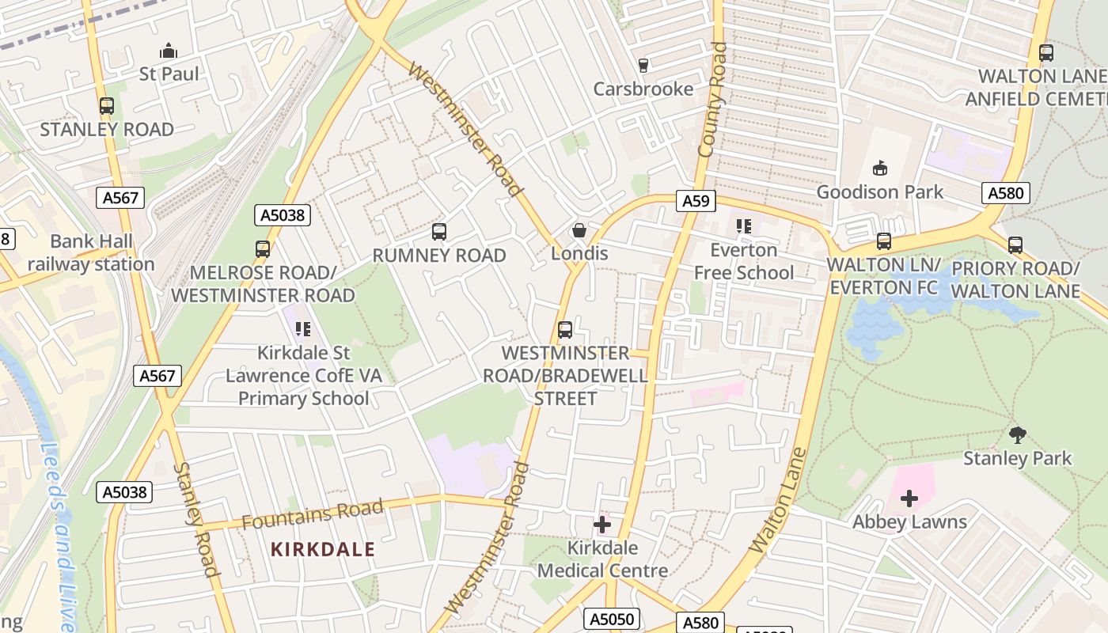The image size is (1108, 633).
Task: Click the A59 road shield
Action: (696, 201)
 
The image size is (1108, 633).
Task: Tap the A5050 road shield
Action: (611, 619)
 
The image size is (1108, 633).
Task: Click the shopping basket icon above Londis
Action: (579, 230)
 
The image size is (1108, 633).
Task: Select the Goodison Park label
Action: (879, 191)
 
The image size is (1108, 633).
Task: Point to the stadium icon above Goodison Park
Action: (879, 168)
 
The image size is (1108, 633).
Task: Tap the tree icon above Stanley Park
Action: (1018, 434)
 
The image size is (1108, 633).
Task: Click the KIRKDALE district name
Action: (323, 549)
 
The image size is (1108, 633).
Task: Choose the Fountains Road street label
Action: (313, 514)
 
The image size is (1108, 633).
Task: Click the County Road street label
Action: (712, 99)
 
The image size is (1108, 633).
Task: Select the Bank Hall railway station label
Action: (91, 252)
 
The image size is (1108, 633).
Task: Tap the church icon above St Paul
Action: (169, 51)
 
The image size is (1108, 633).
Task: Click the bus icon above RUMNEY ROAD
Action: (439, 232)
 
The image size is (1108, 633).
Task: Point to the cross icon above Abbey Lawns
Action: (909, 498)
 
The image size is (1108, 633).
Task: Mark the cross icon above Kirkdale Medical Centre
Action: (602, 524)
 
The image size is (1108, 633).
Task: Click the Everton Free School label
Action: (743, 261)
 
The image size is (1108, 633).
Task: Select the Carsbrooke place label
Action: (643, 89)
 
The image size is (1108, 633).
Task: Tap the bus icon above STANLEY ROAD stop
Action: (106, 106)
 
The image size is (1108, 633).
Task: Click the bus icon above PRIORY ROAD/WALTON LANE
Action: (1015, 244)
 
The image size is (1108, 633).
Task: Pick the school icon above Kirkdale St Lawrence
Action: (303, 328)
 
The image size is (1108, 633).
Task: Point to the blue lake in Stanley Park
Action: (878, 324)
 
